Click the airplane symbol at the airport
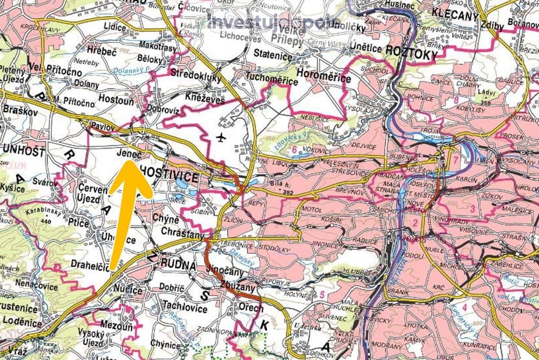(220, 137)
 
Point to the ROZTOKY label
(411, 54)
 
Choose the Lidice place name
(115, 27)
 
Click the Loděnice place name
(20, 320)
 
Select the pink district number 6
(294, 150)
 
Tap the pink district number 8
(456, 100)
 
